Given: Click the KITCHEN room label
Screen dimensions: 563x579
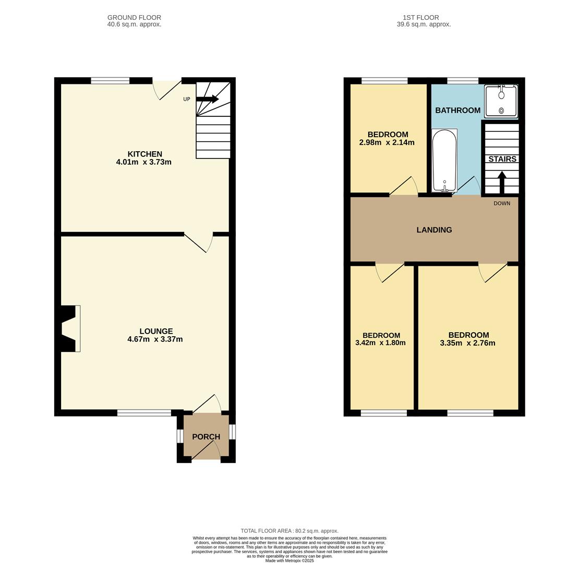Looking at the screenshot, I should point(144,154).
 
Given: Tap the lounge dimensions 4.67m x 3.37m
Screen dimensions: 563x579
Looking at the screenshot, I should point(155,339).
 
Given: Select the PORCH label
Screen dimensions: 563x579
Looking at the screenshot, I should point(206,437).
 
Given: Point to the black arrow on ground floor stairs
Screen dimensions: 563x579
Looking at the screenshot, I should point(207,99).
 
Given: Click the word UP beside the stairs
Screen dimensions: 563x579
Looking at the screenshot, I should point(186,99).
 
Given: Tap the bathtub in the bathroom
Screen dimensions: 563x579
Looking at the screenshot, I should point(444,161).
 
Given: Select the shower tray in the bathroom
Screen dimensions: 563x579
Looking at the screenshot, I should point(501,101).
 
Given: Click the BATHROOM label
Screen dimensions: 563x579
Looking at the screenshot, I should point(457,111).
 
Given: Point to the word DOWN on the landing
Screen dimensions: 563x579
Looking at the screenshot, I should point(502,203).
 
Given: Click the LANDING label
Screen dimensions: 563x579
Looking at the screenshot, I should point(434,230).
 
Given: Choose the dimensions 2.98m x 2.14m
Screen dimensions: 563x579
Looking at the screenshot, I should point(387,142).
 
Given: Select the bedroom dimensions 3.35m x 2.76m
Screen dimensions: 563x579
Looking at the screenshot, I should point(467,343).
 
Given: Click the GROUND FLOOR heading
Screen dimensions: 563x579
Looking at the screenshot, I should point(134,18).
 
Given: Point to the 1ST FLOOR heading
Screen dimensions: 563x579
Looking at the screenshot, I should point(424,18).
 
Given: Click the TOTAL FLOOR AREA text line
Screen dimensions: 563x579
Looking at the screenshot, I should point(289,531).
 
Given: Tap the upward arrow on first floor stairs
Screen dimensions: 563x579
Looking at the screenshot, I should point(502,182).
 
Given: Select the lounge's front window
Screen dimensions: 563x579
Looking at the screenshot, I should point(144,413).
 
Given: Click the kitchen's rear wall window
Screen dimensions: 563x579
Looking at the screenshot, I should point(110,81).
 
